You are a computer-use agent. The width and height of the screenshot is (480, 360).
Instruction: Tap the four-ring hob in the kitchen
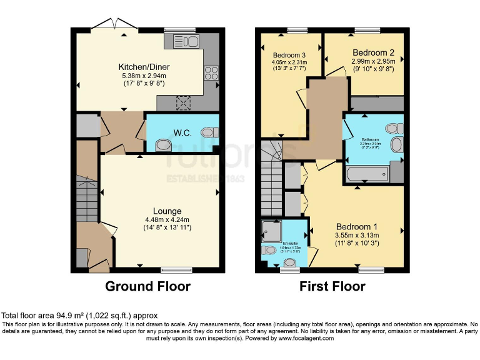coord(211,72)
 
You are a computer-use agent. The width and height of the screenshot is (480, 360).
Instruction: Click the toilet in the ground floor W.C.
coord(210,132)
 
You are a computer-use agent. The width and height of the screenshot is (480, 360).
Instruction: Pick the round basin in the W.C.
coord(162,145)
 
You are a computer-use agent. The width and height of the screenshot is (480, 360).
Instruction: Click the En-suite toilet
coord(269,250)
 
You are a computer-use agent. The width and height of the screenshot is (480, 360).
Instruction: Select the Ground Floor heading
coord(147,287)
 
